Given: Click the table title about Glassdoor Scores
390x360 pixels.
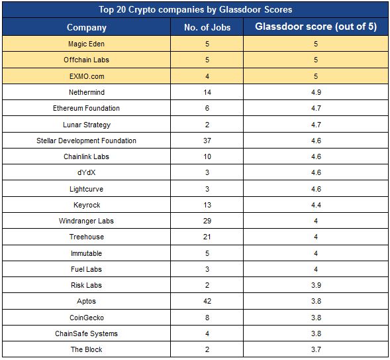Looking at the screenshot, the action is click(x=195, y=10).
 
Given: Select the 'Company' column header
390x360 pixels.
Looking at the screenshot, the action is click(x=87, y=27).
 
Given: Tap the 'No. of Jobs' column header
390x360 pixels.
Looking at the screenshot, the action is click(x=207, y=27).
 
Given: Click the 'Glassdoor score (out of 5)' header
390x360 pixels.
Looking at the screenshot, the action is click(x=316, y=27).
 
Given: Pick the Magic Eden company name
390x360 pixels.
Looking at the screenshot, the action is click(x=86, y=44).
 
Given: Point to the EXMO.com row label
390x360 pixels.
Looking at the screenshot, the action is click(x=87, y=76).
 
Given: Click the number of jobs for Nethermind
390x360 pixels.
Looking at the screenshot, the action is click(x=207, y=92).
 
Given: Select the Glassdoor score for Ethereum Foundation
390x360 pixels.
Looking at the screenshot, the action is click(x=316, y=108).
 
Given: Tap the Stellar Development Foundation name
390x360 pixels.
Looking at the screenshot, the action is click(x=86, y=141).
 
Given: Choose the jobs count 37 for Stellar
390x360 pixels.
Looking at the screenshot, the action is click(x=207, y=141).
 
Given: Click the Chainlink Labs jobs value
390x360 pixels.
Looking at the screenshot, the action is click(x=207, y=156).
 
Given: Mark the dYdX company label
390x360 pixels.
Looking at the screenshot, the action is click(x=86, y=172).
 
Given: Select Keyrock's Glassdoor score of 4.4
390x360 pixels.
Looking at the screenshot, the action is click(x=316, y=205).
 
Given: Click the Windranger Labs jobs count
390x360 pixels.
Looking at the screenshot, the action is click(x=207, y=221).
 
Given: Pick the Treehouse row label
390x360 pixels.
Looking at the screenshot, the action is click(x=87, y=237).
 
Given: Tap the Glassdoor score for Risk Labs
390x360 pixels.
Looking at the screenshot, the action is click(x=316, y=285).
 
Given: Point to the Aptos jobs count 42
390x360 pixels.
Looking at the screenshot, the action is click(x=207, y=301).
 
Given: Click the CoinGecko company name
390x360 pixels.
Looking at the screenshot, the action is click(x=87, y=318).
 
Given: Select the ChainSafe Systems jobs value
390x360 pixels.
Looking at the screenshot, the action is click(x=207, y=333).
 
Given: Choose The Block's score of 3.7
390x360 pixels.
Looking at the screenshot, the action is click(x=316, y=349).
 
